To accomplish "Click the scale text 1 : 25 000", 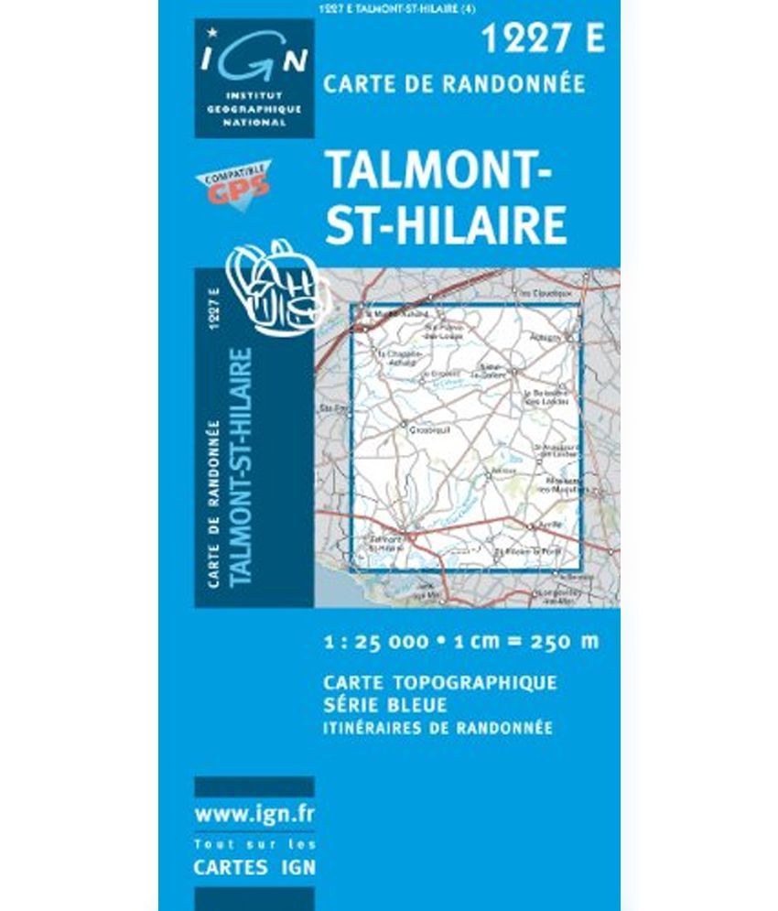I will (x=375, y=641).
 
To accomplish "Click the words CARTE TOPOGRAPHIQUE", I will (x=439, y=683).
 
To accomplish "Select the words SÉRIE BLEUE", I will (x=384, y=705).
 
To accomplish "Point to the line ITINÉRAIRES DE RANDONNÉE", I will (x=438, y=728).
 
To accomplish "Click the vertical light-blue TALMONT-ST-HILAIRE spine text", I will (x=242, y=467).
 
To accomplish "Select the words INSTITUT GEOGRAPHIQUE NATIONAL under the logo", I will (x=254, y=109).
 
